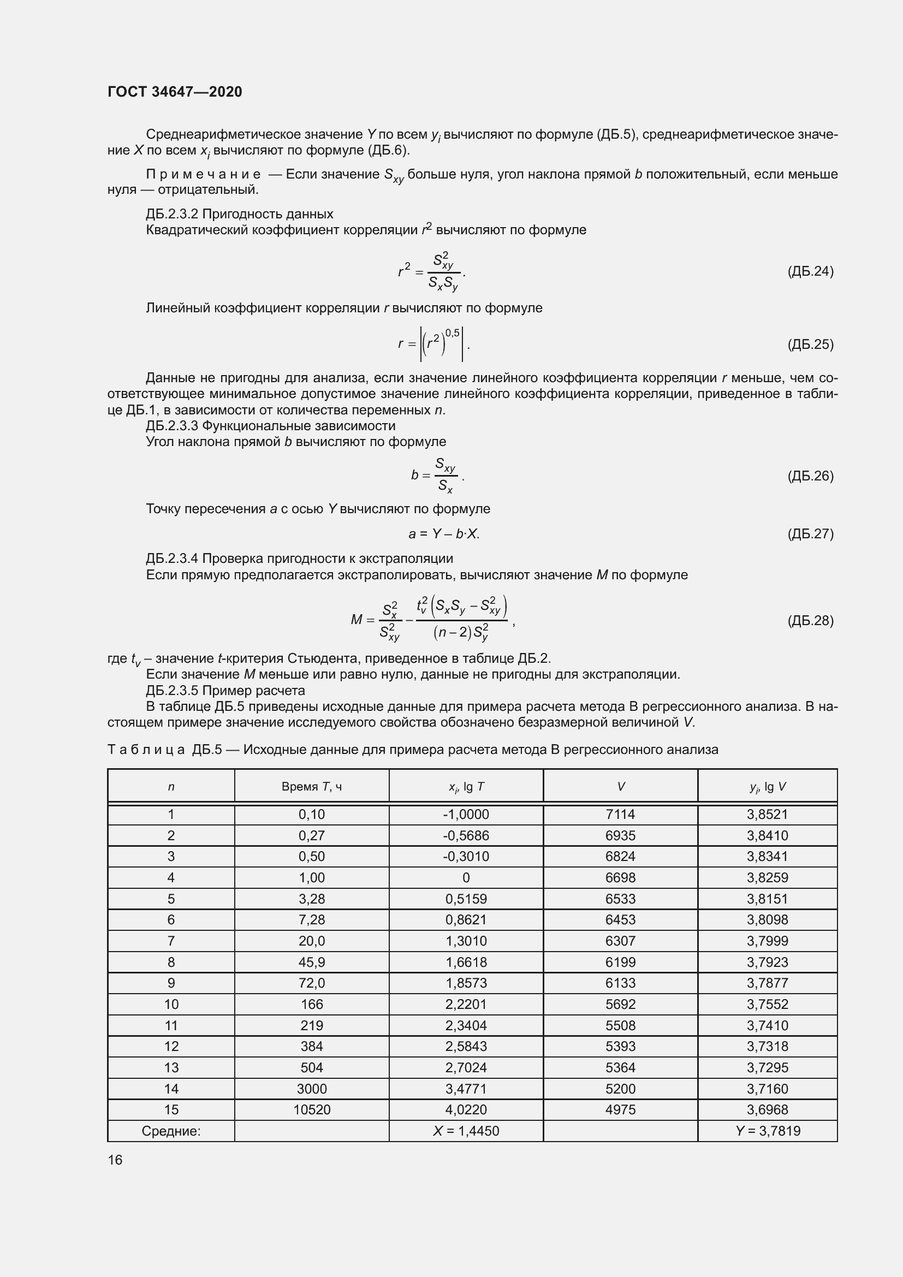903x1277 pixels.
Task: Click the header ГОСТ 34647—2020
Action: [175, 92]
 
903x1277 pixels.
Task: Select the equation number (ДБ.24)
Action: [810, 271]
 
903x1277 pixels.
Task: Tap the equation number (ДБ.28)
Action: [810, 620]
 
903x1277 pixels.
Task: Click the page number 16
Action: [115, 1160]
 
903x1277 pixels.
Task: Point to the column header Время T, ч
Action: [311, 786]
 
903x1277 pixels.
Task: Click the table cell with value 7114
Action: [620, 814]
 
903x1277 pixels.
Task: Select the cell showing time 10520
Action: [311, 1109]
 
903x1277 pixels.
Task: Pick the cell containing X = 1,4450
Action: [466, 1131]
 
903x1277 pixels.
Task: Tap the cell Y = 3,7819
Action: [767, 1131]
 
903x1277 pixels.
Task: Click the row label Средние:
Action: [171, 1131]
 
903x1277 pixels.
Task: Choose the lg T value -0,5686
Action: [466, 835]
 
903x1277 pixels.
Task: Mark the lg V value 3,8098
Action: [767, 919]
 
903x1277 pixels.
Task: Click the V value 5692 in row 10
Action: [620, 1004]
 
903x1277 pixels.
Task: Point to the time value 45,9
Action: [311, 961]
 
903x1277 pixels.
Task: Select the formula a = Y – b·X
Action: [444, 534]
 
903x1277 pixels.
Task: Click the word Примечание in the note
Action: [203, 174]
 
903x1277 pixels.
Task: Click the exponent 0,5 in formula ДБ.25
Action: [453, 333]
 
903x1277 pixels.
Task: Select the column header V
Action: [621, 786]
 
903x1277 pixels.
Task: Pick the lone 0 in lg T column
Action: [466, 878]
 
